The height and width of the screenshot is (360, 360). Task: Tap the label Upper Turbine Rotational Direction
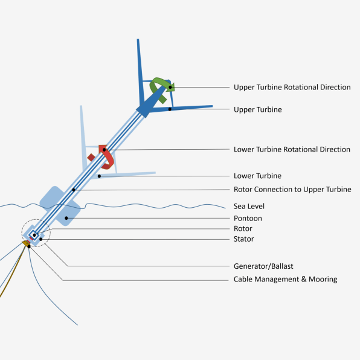292,87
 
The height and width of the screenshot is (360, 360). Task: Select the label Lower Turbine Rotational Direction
292,149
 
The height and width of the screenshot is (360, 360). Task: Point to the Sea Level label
249,206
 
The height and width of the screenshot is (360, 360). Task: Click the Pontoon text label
248,218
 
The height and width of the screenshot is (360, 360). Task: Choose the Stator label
243,239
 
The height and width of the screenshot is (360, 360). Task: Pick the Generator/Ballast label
263,266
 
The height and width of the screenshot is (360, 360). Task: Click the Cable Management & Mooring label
285,279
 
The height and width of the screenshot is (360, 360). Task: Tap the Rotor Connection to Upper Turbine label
292,190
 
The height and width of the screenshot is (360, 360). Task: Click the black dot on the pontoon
66,218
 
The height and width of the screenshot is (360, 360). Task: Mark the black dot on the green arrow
170,87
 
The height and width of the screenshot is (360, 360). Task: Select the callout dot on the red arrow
104,150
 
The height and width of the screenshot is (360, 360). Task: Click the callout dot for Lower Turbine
99,176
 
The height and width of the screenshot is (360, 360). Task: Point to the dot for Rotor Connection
74,190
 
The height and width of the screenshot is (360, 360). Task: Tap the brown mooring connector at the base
27,244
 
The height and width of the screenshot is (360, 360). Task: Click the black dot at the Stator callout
41,239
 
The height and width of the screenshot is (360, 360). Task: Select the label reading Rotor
243,229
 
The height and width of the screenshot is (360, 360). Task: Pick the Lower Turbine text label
257,176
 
